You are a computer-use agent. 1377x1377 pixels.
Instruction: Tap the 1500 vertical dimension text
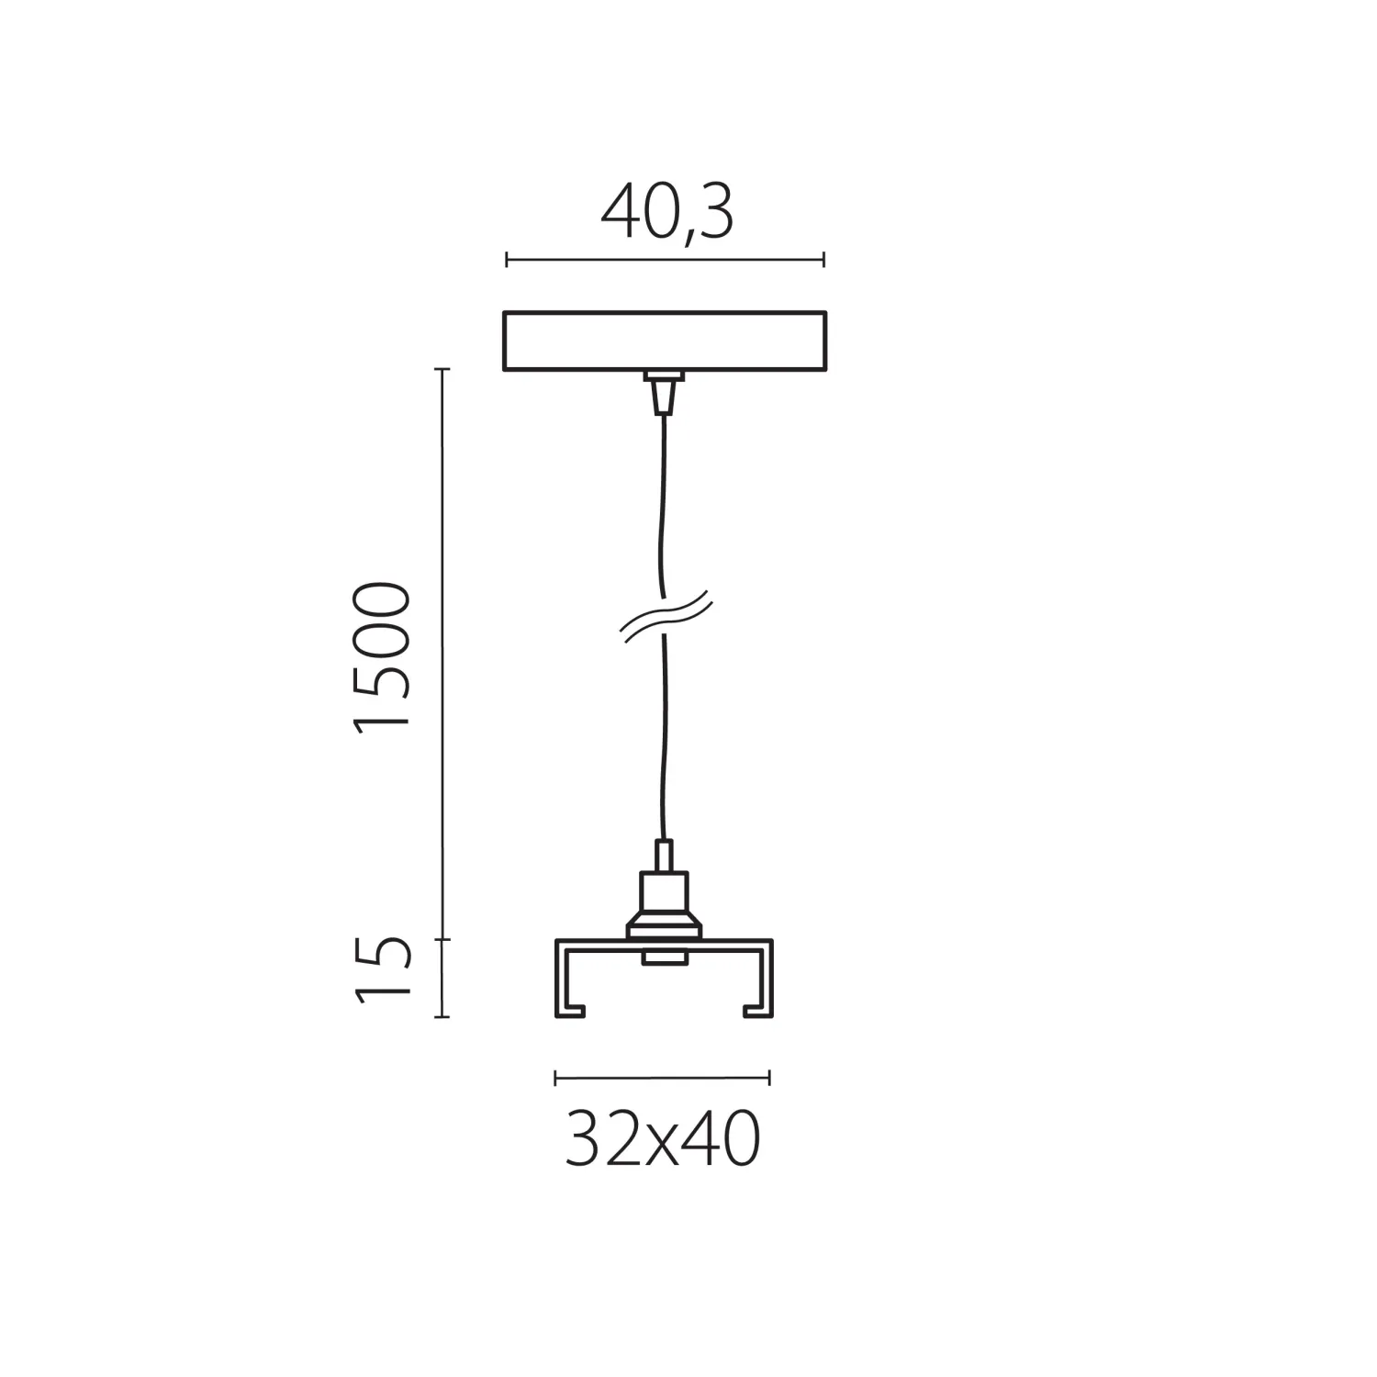[x=380, y=657]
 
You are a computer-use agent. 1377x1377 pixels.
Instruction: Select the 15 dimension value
[x=380, y=970]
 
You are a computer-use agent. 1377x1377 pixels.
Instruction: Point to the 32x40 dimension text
[x=663, y=1139]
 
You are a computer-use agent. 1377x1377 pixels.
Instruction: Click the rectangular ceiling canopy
[x=665, y=341]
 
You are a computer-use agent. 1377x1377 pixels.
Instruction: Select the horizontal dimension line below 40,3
[x=665, y=261]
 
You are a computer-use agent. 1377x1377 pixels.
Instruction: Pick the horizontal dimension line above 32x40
[x=663, y=1078]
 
